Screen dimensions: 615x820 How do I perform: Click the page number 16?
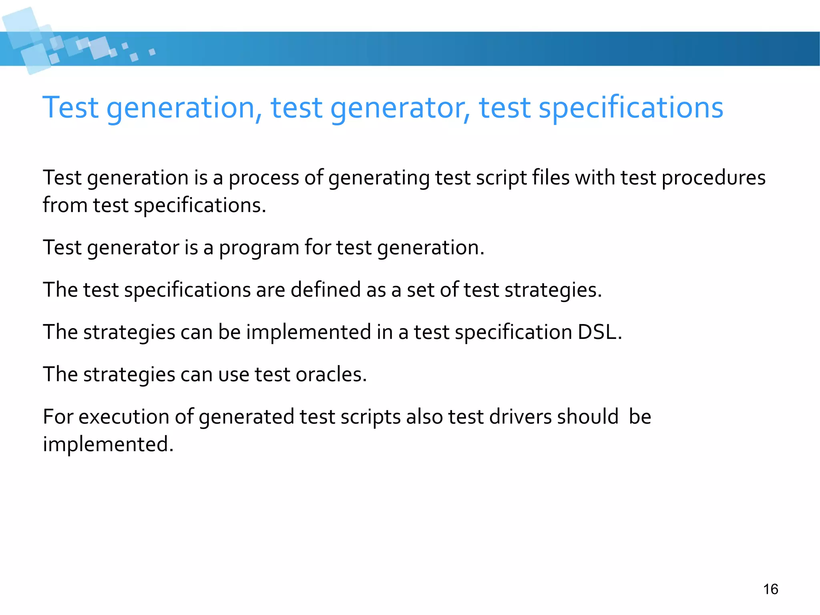pyautogui.click(x=770, y=589)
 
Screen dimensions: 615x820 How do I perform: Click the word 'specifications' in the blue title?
pyautogui.click(x=631, y=108)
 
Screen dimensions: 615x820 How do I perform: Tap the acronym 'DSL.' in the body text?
pyautogui.click(x=600, y=332)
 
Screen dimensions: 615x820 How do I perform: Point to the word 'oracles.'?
pyautogui.click(x=331, y=374)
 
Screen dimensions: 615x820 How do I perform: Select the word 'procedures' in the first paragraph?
pyautogui.click(x=713, y=178)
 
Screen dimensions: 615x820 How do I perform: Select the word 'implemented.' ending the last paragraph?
pyautogui.click(x=108, y=444)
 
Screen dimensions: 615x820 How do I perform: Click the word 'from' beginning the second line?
pyautogui.click(x=65, y=205)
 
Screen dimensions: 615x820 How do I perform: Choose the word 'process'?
pyautogui.click(x=263, y=178)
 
